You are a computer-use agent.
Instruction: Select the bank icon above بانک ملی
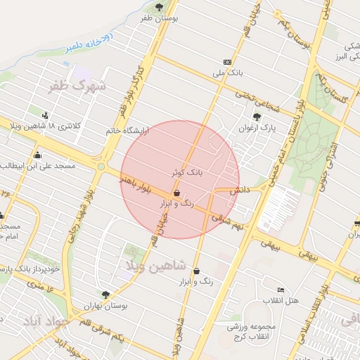click(x=227, y=62)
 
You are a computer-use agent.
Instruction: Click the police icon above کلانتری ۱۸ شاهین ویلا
click(x=46, y=115)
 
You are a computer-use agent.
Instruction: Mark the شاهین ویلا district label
click(x=155, y=265)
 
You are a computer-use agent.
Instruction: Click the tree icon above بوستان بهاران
click(x=105, y=295)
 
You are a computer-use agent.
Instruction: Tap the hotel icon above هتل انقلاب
click(x=281, y=290)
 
